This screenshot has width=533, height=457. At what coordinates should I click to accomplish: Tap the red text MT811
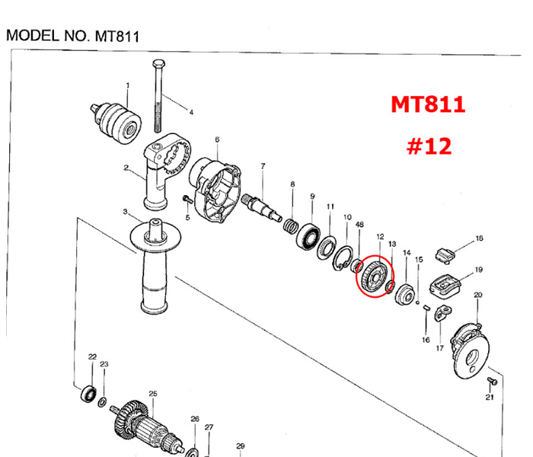(x=428, y=104)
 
